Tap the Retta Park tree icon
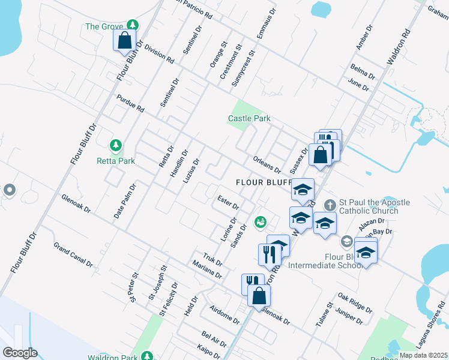pos(115,145)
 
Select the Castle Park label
pos(249,119)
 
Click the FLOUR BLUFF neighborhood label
pos(263,182)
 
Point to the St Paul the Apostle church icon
pos(329,205)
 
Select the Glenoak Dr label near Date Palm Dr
pos(76,203)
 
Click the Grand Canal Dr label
pos(73,254)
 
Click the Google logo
pos(20,353)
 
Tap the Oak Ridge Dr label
pos(354,302)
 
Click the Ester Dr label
pos(228,202)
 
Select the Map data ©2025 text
pos(423,355)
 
